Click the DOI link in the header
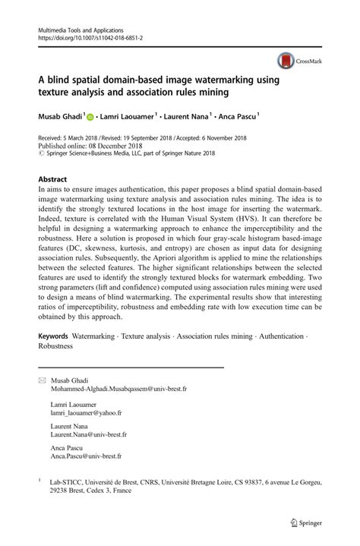point(84,36)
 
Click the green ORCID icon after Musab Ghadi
point(90,118)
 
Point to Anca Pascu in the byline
point(235,117)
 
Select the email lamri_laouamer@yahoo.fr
point(86,413)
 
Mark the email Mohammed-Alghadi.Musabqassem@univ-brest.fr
point(118,387)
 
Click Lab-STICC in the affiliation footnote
point(67,481)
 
